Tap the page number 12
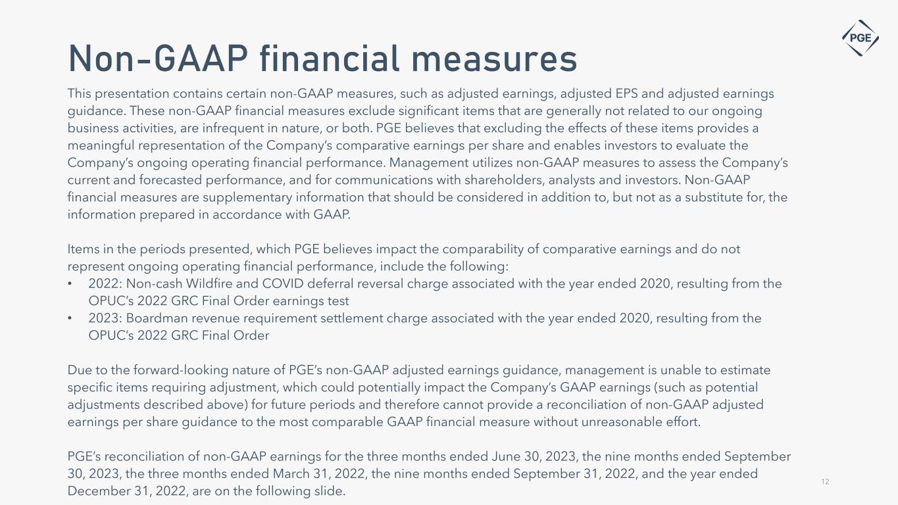click(x=825, y=482)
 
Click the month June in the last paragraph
click(x=504, y=456)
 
